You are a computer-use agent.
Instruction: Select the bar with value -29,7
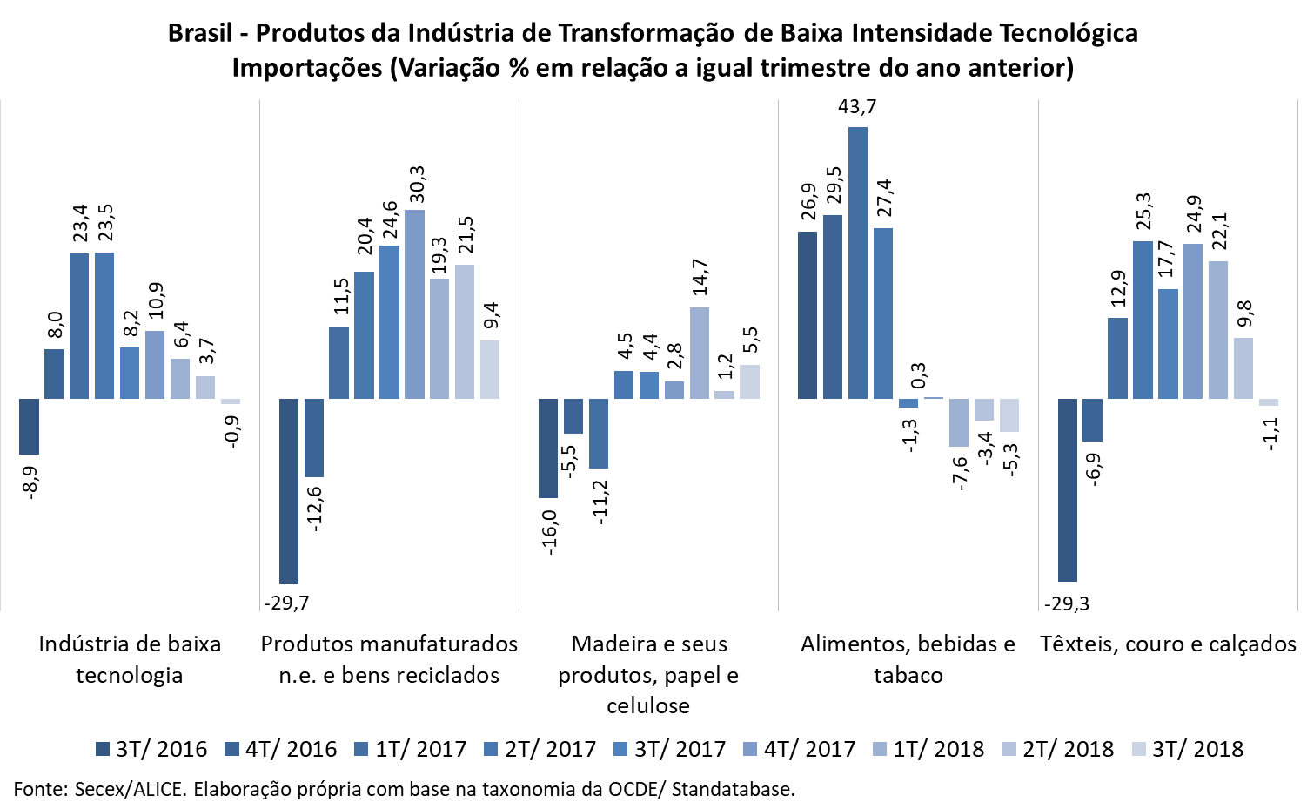(x=288, y=491)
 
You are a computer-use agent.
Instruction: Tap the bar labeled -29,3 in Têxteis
(x=1067, y=489)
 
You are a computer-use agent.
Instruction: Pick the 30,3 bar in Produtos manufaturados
(x=415, y=304)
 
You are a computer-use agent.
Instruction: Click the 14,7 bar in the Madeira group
(x=699, y=353)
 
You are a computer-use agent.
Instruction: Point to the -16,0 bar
(x=547, y=448)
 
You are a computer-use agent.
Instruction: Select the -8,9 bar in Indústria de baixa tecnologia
(x=29, y=427)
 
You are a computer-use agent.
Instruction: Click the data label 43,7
(x=857, y=107)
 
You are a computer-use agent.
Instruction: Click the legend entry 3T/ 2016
(x=151, y=749)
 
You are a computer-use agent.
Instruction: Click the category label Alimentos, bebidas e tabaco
(x=908, y=659)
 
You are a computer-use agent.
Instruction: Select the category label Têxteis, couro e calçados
(x=1168, y=644)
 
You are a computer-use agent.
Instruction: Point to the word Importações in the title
(x=307, y=68)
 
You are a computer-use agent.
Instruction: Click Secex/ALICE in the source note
(x=130, y=790)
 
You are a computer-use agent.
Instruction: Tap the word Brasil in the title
(x=200, y=33)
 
